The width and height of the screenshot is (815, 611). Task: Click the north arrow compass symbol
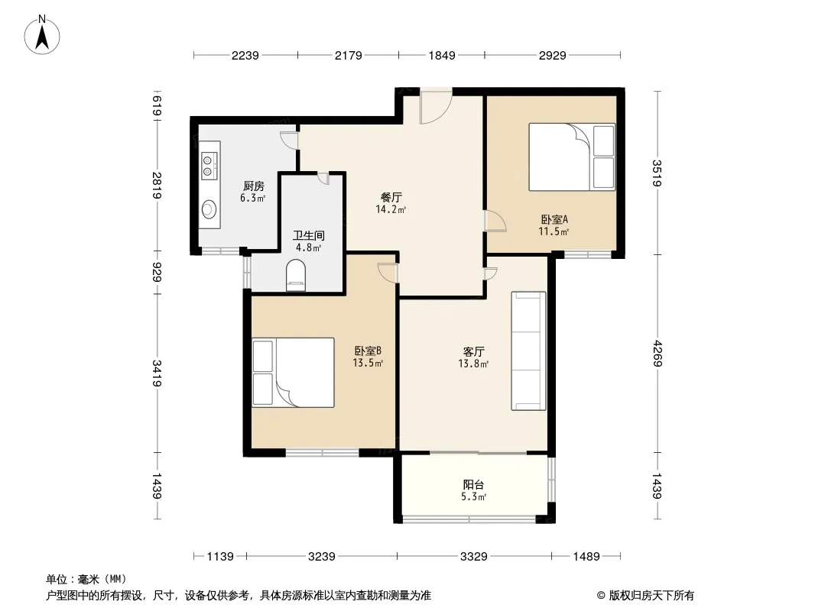point(42,35)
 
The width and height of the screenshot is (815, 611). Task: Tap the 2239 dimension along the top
point(245,55)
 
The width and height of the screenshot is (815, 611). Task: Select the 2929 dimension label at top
point(552,55)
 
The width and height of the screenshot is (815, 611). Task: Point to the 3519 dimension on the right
point(657,173)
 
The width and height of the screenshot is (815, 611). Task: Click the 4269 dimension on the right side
point(657,353)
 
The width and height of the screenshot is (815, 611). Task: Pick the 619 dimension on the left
point(157,106)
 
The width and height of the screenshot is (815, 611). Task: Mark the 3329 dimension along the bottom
point(473,557)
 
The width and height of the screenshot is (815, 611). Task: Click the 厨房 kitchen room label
point(254,186)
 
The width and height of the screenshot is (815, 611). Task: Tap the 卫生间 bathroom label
point(308,235)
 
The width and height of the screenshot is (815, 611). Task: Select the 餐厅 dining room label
point(391,197)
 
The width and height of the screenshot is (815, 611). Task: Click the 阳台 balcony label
point(473,484)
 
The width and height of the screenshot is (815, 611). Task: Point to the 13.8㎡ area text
point(473,364)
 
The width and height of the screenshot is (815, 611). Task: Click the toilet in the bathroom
point(296,275)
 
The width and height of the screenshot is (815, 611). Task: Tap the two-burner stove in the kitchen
point(209,166)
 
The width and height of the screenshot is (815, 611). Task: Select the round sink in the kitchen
point(209,209)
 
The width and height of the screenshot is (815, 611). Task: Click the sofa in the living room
point(528,351)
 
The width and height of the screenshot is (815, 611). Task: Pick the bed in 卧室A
point(572,157)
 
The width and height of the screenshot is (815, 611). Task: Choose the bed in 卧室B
point(293,372)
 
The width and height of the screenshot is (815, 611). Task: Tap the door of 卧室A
point(495,221)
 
